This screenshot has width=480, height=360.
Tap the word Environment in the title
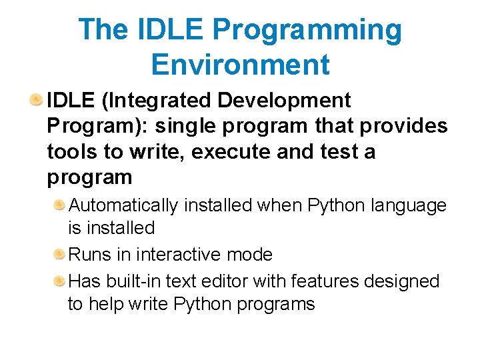tap(240, 65)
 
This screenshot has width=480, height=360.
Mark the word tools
tap(70, 152)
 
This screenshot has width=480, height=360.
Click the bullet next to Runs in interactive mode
tap(60, 254)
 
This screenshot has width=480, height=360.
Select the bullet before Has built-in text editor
tap(60, 281)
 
